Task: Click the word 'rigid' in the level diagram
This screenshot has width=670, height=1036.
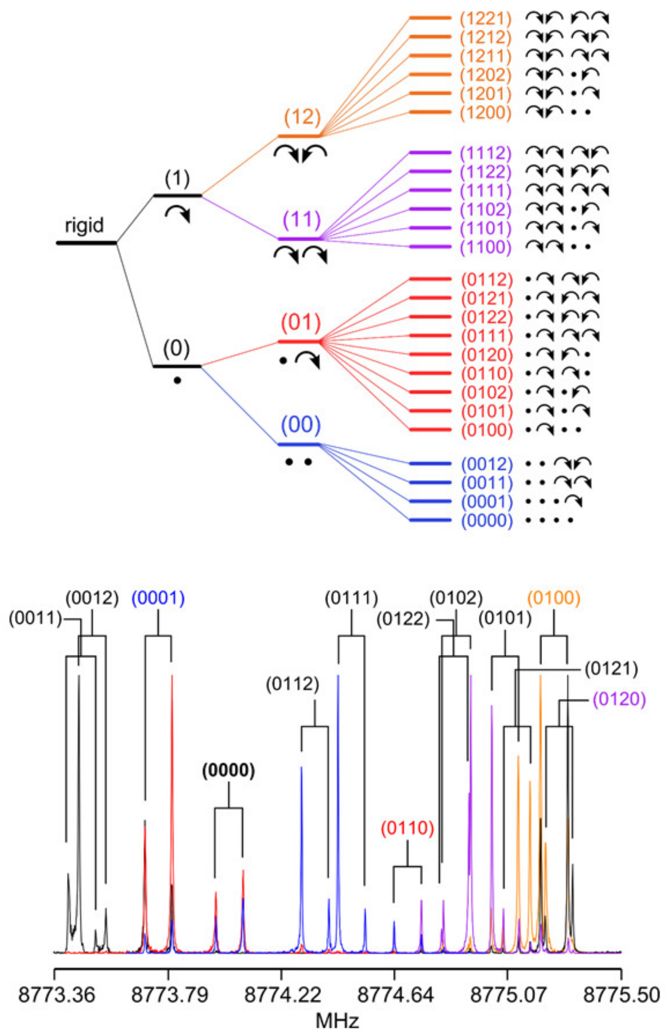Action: pos(84,226)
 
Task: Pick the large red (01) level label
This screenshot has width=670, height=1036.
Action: pos(301,322)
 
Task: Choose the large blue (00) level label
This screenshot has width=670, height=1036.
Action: pos(301,424)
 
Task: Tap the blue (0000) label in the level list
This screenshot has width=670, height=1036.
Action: pos(487,521)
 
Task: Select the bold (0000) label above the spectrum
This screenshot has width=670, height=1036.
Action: pos(228,770)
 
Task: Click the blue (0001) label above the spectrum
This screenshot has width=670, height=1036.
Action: pos(158,599)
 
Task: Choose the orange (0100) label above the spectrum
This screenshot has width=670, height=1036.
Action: pos(554,599)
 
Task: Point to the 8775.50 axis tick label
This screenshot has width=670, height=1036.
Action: pos(621,995)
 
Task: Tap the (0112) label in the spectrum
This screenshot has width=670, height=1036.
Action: pos(292,685)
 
